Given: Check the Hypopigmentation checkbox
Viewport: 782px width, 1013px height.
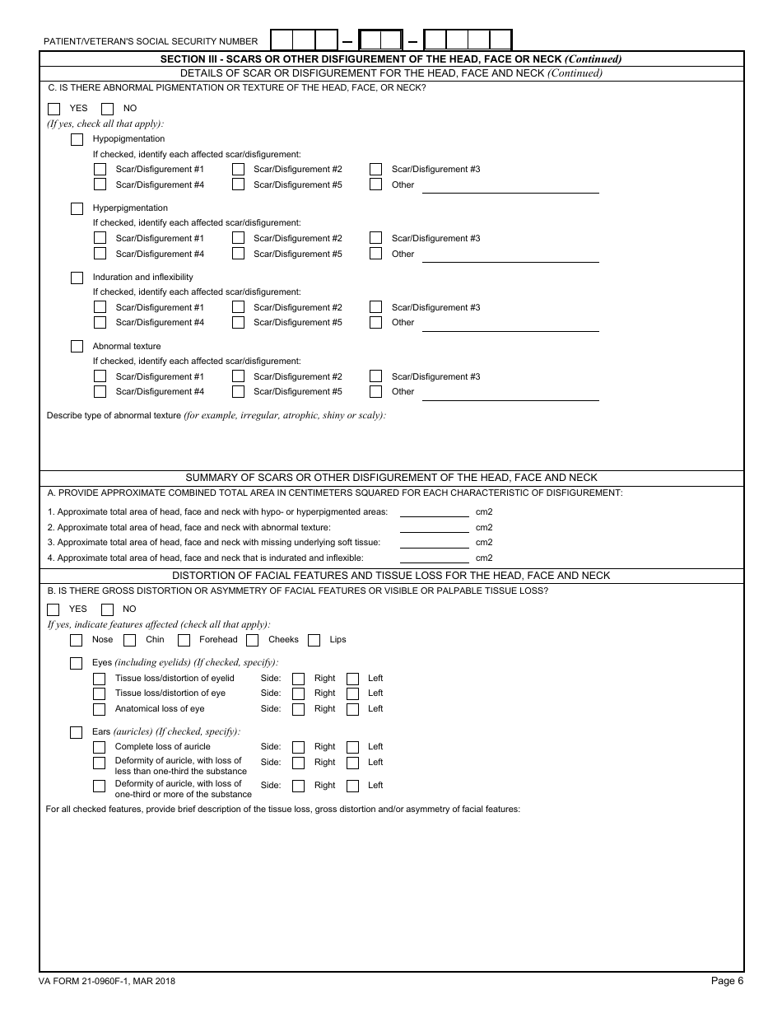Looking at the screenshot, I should pyautogui.click(x=77, y=139).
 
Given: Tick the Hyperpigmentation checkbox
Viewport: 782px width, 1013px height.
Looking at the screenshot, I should pyautogui.click(x=77, y=208).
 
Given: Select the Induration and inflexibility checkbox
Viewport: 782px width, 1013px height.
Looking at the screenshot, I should pyautogui.click(x=77, y=278).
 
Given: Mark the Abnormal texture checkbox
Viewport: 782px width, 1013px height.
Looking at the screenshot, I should pyautogui.click(x=77, y=347).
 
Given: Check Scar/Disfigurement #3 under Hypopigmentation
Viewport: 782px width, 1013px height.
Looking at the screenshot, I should pyautogui.click(x=375, y=170).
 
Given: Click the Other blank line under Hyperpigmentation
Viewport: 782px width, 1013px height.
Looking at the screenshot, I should pyautogui.click(x=510, y=255).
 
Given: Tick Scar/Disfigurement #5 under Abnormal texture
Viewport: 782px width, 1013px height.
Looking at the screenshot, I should pyautogui.click(x=238, y=392).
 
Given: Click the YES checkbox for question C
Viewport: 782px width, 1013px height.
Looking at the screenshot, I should pyautogui.click(x=54, y=109).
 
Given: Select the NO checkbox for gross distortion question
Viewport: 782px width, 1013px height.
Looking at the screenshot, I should pyautogui.click(x=107, y=609).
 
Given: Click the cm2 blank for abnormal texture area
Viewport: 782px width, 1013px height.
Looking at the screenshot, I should pyautogui.click(x=434, y=528).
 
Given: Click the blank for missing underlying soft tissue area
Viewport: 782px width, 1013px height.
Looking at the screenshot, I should pyautogui.click(x=434, y=543).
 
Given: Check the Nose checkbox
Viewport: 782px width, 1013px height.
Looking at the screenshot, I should pyautogui.click(x=77, y=640).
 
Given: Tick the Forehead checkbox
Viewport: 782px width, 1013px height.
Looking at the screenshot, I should pyautogui.click(x=184, y=640).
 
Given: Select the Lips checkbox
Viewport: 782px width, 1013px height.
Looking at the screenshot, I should pyautogui.click(x=314, y=640).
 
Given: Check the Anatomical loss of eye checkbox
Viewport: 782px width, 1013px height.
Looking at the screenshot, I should pyautogui.click(x=99, y=709).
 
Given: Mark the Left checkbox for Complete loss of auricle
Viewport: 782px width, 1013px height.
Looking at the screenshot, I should pyautogui.click(x=352, y=747).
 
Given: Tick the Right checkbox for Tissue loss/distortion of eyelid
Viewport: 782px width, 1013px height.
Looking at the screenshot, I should pyautogui.click(x=299, y=679).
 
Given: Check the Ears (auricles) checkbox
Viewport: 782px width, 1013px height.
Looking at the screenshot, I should pyautogui.click(x=77, y=732).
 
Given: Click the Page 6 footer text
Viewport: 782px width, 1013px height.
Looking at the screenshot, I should pyautogui.click(x=728, y=980).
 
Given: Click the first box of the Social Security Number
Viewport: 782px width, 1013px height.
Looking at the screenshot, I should pyautogui.click(x=282, y=40).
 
